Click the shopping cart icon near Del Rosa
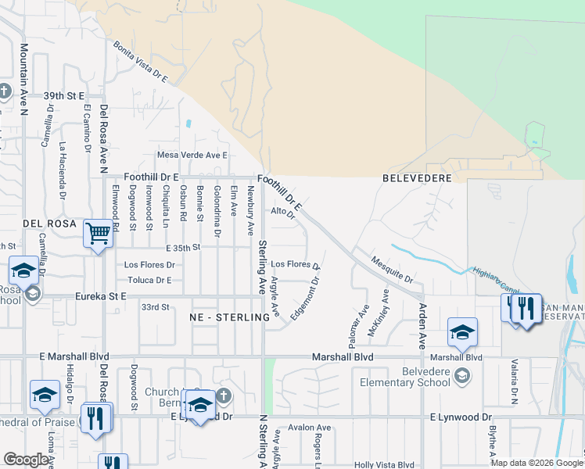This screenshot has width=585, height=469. (x=98, y=232)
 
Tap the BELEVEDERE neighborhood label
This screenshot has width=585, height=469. (x=418, y=178)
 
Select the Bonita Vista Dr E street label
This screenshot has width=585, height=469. (x=141, y=63)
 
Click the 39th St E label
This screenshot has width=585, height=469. (x=63, y=95)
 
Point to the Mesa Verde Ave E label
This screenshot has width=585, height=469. (x=192, y=155)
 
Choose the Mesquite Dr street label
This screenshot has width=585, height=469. (x=392, y=268)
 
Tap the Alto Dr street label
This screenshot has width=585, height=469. (x=282, y=212)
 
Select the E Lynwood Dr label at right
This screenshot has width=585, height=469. (x=461, y=417)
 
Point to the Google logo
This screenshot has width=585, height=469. (x=26, y=460)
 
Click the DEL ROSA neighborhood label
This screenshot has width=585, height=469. (x=49, y=224)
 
